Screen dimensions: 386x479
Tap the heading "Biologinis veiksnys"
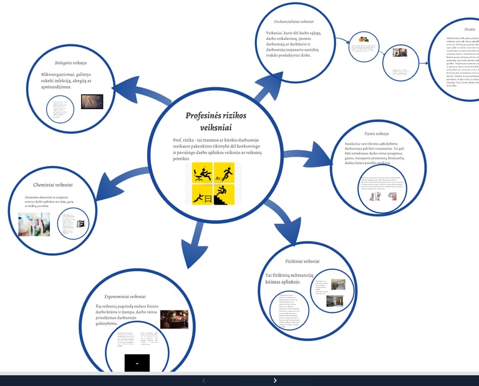(x=71, y=63)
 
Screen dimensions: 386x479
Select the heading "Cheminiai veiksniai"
(x=53, y=185)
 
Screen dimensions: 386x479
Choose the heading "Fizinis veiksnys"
(x=377, y=133)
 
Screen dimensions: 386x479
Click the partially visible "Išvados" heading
(x=470, y=29)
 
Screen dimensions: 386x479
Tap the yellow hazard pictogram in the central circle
(x=213, y=184)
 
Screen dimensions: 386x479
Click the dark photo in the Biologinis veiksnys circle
(x=92, y=101)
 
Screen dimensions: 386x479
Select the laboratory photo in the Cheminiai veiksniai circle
(x=34, y=224)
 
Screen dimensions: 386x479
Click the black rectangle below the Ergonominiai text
(x=137, y=362)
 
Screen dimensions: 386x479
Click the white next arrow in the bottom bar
(x=275, y=380)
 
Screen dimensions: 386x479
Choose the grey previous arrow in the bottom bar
(x=203, y=380)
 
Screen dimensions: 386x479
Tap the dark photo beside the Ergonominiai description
(x=174, y=319)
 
